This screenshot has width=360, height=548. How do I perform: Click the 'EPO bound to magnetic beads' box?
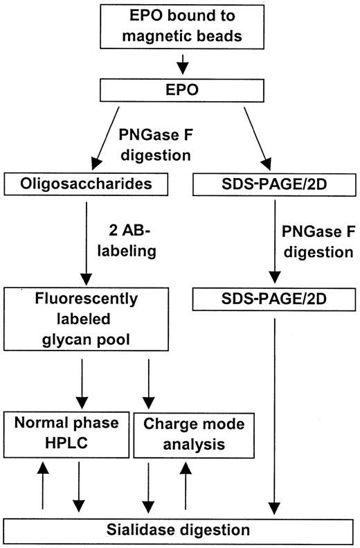pos(179,26)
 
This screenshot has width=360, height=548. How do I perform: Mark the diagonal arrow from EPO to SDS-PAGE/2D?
pos(235,133)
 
